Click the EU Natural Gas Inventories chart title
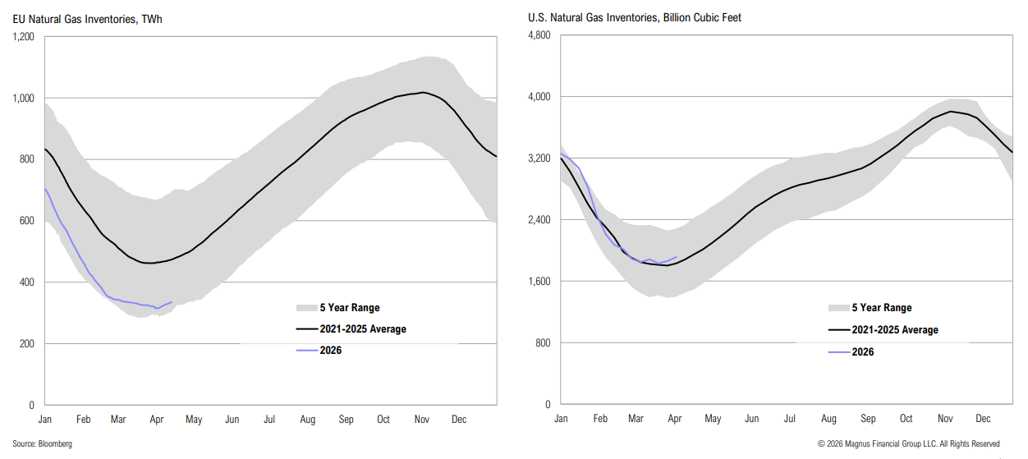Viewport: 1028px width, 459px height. click(87, 18)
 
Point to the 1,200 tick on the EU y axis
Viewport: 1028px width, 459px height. click(22, 37)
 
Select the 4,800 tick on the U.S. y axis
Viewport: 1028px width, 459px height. click(538, 36)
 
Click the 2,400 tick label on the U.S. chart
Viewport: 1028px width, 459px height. click(538, 220)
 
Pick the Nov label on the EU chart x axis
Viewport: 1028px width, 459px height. click(421, 420)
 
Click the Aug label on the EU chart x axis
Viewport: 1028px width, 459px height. click(307, 420)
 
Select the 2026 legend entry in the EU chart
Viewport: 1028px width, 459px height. click(330, 351)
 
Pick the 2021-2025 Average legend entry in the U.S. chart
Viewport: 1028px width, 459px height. click(894, 330)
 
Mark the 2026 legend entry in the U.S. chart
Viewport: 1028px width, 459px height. click(862, 351)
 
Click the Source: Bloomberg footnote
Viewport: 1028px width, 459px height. click(43, 444)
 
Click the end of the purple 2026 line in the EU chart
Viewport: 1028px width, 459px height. click(172, 302)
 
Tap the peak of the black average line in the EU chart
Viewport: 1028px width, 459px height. click(422, 92)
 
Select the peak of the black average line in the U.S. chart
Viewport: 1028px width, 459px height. click(951, 111)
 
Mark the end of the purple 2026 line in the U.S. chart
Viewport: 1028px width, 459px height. click(677, 257)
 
